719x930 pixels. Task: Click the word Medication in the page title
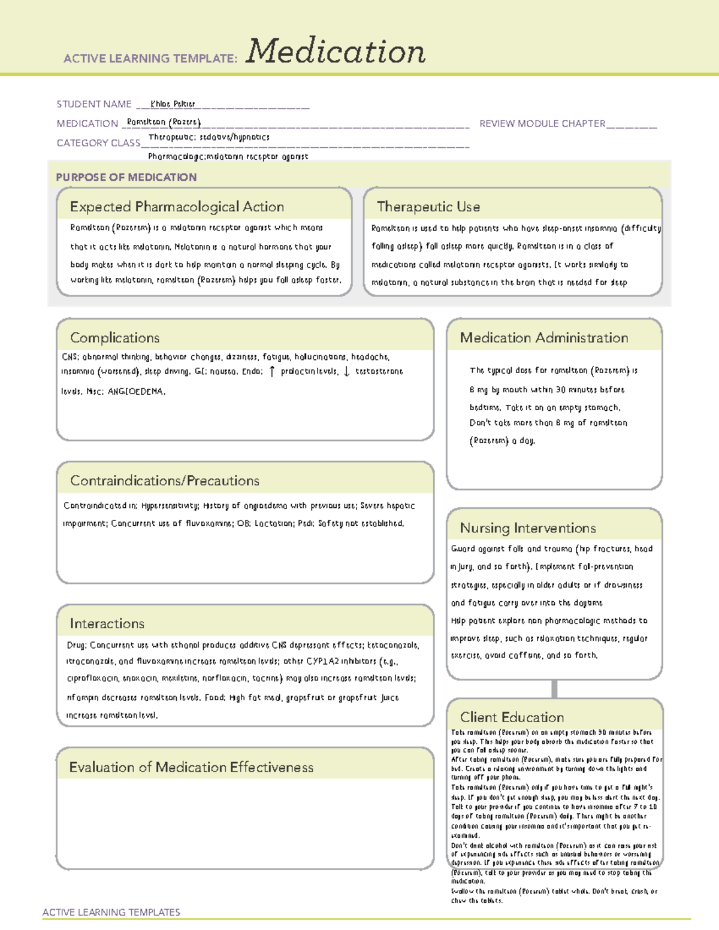click(x=336, y=52)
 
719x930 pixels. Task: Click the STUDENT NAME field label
click(x=94, y=104)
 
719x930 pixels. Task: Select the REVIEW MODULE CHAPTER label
click(x=542, y=123)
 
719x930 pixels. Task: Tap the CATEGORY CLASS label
click(x=98, y=143)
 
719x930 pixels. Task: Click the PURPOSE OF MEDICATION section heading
click(x=126, y=177)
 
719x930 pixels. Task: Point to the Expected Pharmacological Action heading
click(x=177, y=207)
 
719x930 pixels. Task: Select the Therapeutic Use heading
click(x=428, y=207)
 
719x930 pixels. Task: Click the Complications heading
click(x=115, y=338)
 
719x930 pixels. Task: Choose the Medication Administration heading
click(x=544, y=338)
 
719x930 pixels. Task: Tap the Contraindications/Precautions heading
click(x=165, y=481)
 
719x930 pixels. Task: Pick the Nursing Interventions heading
click(x=528, y=528)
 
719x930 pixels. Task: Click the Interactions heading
click(x=107, y=624)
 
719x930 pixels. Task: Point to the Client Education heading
click(x=512, y=717)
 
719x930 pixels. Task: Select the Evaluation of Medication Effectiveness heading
click(x=191, y=767)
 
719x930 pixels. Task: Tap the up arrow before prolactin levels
click(x=272, y=371)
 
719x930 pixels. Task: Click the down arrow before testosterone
click(x=346, y=371)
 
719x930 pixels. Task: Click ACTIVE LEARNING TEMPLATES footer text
click(x=111, y=912)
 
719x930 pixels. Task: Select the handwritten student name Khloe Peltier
click(x=173, y=104)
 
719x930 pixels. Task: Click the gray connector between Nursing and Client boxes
click(x=554, y=689)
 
